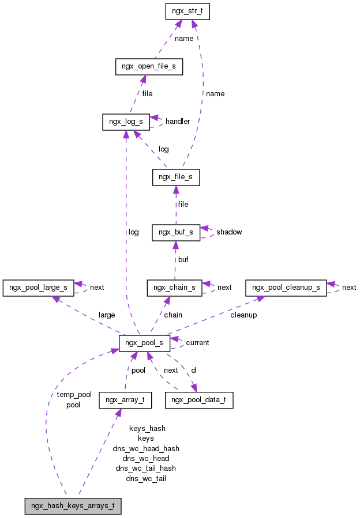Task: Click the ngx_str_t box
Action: tap(186, 12)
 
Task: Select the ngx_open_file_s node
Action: tap(149, 67)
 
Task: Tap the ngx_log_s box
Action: tap(126, 122)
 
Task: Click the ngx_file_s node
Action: tap(176, 177)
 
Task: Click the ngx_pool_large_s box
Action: tap(38, 288)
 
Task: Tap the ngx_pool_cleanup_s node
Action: tap(286, 288)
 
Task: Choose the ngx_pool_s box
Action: tap(144, 343)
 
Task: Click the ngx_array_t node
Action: tap(125, 400)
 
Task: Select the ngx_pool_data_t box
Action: tap(199, 400)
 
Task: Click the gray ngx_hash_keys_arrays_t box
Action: tap(73, 506)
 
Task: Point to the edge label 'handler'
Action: tap(178, 122)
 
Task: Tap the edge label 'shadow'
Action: tap(229, 232)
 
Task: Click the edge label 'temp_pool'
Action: tap(74, 395)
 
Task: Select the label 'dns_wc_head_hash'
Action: tap(146, 448)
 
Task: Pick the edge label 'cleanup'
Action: tap(243, 315)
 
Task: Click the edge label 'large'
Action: tap(107, 315)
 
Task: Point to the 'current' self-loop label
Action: tap(197, 343)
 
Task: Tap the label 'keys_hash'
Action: tap(147, 428)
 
